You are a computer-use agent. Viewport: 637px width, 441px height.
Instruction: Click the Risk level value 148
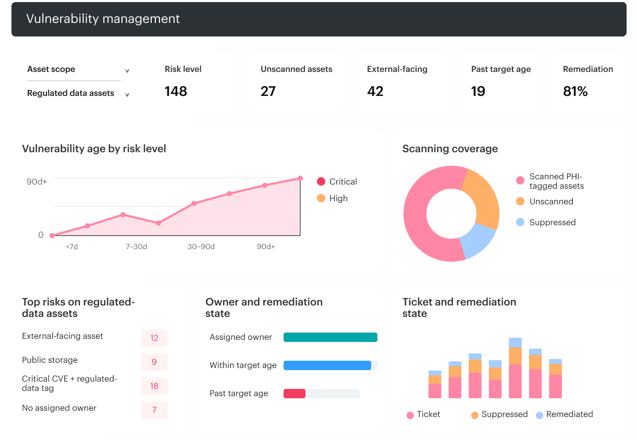176,91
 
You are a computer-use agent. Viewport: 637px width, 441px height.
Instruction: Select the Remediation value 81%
575,91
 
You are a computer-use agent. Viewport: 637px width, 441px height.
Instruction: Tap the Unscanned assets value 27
268,91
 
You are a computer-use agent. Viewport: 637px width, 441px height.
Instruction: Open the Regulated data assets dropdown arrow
127,94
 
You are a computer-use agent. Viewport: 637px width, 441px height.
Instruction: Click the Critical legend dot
321,181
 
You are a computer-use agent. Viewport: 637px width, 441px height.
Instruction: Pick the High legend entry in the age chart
332,198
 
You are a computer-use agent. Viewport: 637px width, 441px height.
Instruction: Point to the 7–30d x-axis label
136,247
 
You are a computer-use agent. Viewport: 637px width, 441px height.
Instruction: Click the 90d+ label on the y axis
36,182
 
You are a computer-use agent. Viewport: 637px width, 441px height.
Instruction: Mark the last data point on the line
300,178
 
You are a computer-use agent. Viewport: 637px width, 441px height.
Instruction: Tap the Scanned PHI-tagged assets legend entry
550,181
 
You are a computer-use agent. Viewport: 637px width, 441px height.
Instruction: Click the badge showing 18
154,386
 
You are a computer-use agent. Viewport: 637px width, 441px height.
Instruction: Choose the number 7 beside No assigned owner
154,410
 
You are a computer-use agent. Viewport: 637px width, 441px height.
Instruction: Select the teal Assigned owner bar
330,337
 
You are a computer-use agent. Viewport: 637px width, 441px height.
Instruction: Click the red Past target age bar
295,394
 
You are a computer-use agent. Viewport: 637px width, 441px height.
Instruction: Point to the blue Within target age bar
327,365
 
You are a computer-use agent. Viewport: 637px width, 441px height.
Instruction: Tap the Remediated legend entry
565,414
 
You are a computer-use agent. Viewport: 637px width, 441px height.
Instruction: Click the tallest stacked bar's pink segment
516,381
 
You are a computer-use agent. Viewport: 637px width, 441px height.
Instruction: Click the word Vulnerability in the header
62,19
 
